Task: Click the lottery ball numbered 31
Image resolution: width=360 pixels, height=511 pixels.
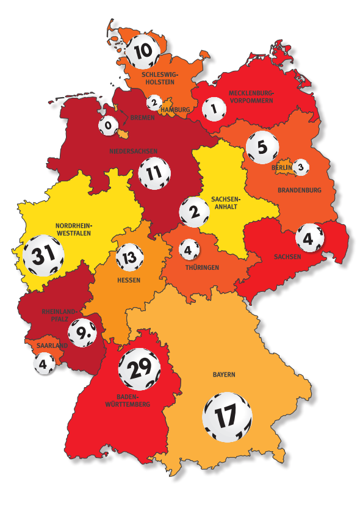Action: pyautogui.click(x=43, y=255)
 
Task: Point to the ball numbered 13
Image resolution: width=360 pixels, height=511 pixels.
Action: pyautogui.click(x=129, y=259)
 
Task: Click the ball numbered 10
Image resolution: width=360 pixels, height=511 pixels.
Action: pyautogui.click(x=144, y=51)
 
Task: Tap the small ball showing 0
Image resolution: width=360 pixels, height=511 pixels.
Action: pyautogui.click(x=109, y=126)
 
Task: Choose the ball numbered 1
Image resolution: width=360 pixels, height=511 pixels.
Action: pyautogui.click(x=214, y=111)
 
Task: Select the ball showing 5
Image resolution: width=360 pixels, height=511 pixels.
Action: pyautogui.click(x=262, y=147)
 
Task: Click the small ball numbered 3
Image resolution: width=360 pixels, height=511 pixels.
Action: pyautogui.click(x=300, y=166)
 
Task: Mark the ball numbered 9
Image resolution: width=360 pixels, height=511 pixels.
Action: pyautogui.click(x=83, y=333)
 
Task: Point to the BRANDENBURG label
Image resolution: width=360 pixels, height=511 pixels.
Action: pyautogui.click(x=299, y=190)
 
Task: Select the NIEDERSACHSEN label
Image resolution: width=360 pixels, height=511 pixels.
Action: pyautogui.click(x=133, y=151)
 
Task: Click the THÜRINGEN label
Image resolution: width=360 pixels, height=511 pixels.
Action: pyautogui.click(x=203, y=267)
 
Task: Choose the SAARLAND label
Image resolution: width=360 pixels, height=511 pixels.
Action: pyautogui.click(x=51, y=346)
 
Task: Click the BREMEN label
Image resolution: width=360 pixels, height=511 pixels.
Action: pyautogui.click(x=142, y=117)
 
